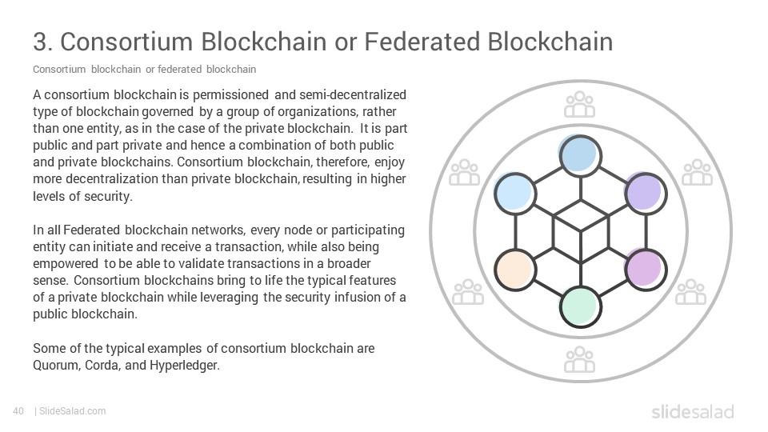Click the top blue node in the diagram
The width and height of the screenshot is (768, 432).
(581, 156)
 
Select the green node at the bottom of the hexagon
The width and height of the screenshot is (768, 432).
(581, 307)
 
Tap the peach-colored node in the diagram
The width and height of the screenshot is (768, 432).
(515, 270)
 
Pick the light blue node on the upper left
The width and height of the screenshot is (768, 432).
(515, 194)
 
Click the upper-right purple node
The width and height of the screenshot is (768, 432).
(646, 194)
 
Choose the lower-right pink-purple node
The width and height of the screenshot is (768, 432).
(646, 270)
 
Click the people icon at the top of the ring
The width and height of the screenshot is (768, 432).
(579, 104)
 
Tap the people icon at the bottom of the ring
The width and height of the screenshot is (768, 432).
(579, 359)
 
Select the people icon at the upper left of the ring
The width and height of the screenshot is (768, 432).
(464, 173)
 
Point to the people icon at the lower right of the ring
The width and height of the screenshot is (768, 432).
(690, 292)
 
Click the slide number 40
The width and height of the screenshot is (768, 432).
(18, 411)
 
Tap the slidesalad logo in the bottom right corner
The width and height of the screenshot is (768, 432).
(693, 411)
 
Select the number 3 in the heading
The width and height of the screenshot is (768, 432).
(40, 41)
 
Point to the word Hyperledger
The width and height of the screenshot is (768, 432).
(185, 366)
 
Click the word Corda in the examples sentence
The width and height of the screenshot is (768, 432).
(102, 366)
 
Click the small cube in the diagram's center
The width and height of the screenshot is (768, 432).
(581, 231)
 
